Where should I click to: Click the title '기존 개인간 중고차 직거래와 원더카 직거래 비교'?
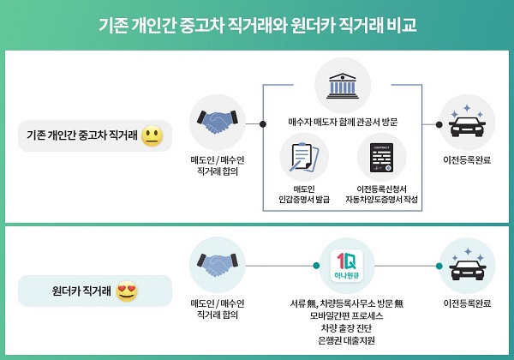point(257,24)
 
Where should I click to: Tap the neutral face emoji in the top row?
point(152,135)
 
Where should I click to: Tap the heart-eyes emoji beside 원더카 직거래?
point(127,291)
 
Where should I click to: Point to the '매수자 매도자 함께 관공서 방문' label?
point(342,123)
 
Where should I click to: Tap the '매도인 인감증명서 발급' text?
point(305,194)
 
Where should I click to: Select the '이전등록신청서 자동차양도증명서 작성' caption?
point(381,194)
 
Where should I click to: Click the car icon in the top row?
point(467,123)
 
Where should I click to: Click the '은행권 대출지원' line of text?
point(342,340)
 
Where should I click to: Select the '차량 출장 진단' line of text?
point(342,328)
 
